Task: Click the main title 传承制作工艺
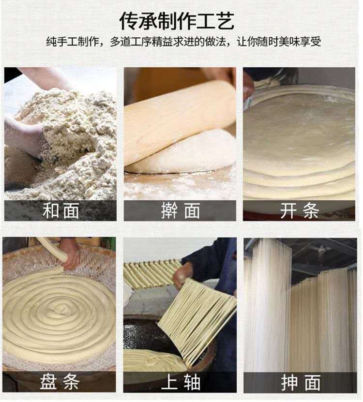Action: [x=177, y=21]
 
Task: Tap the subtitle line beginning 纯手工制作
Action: [x=183, y=42]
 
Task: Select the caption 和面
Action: [x=61, y=210]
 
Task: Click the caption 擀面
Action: [x=181, y=210]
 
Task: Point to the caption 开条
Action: [x=300, y=210]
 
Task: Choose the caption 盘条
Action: [x=60, y=382]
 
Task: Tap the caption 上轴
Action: [x=181, y=382]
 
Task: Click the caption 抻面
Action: [x=301, y=382]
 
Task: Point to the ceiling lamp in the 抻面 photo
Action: [x=321, y=248]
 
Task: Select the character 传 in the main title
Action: [x=129, y=21]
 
